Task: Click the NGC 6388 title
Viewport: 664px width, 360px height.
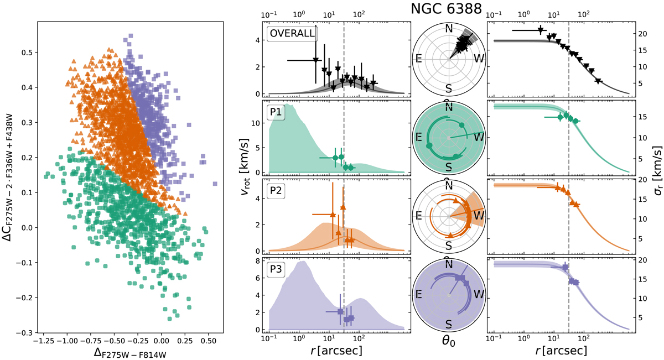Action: pyautogui.click(x=448, y=9)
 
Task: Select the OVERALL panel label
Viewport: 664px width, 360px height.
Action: pyautogui.click(x=292, y=33)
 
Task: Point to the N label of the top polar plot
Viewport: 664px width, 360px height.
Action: pyautogui.click(x=449, y=29)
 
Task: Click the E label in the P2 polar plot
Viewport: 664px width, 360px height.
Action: pyautogui.click(x=422, y=216)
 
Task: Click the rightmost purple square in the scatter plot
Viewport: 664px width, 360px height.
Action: pyautogui.click(x=215, y=184)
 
